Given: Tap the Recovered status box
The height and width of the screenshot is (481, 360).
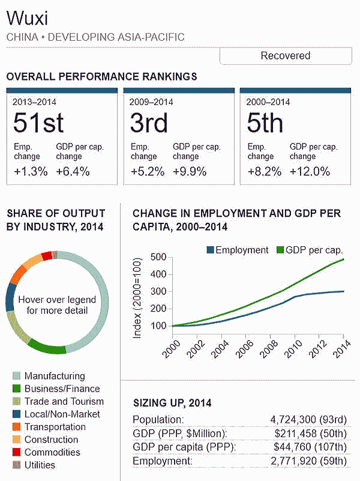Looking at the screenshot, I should pos(285,56).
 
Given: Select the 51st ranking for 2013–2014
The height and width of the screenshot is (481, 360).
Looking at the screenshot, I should pos(38,123).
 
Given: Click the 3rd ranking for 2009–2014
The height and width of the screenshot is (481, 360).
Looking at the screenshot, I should pos(149,123).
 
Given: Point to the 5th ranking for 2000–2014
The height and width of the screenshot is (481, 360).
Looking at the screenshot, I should pos(265,123).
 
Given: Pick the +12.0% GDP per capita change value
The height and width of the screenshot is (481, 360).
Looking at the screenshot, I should pos(310,171).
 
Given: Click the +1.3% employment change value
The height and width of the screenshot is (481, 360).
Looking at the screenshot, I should pos(31,171).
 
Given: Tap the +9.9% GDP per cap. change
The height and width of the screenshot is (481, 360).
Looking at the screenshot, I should pos(190,171).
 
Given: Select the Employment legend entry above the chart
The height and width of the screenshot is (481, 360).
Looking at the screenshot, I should pos(237,250).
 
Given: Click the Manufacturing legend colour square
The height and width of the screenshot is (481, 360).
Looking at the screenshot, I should pos(16,377).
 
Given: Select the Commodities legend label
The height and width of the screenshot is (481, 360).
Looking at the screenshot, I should pos(52,452).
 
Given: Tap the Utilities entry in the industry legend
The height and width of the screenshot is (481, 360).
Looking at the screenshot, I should pos(40,465).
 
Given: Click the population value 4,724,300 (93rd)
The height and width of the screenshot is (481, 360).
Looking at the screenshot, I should pos(309,420).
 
